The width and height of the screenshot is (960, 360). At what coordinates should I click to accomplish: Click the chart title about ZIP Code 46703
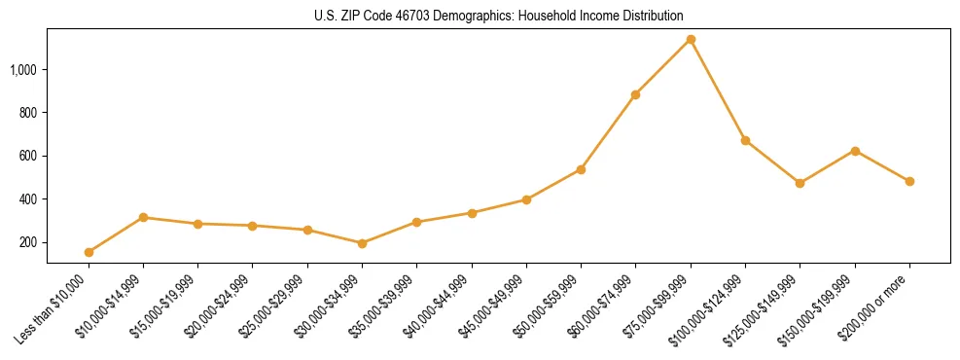coord(498,16)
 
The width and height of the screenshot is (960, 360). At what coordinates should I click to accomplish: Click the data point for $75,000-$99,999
coord(691,39)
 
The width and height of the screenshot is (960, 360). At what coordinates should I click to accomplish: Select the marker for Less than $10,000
coord(89,252)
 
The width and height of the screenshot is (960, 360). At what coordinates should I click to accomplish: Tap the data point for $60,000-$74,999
coord(635,94)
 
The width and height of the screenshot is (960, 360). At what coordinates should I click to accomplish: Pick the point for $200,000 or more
coord(909,181)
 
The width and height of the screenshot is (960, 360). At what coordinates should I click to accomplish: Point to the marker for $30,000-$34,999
coord(362,243)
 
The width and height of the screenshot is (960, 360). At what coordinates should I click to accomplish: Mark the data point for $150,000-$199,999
coord(855,151)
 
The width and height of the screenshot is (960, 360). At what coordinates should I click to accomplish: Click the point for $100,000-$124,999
coord(745,140)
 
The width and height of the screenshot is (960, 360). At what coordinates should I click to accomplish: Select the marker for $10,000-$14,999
coord(143,217)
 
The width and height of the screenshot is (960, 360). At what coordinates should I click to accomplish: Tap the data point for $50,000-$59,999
coord(581,169)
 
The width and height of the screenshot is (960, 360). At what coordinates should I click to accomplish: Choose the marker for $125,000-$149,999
coord(800,183)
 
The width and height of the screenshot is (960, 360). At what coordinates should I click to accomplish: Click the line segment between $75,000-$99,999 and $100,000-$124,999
coord(718,90)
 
